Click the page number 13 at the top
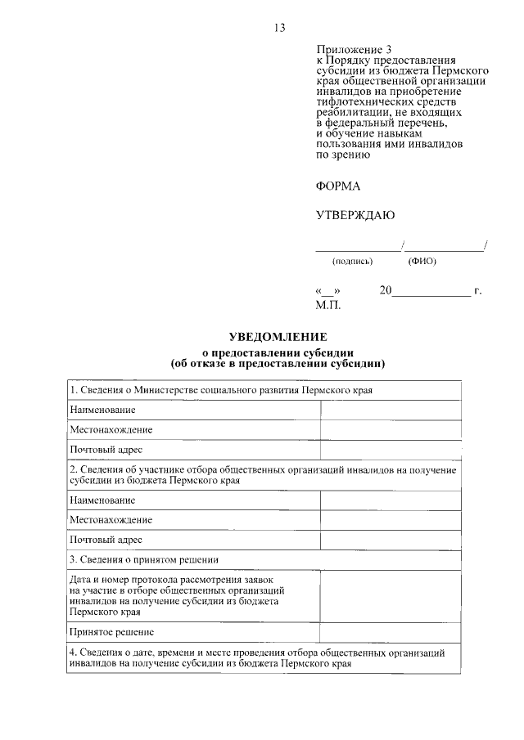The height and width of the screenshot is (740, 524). (x=279, y=28)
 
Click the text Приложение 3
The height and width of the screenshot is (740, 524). (x=346, y=50)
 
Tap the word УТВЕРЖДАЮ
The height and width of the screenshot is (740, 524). (x=355, y=216)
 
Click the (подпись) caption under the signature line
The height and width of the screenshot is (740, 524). (x=352, y=262)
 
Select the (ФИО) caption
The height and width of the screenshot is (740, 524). (x=422, y=262)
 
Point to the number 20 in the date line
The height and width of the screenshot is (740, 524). (x=386, y=291)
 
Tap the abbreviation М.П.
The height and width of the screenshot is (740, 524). (x=327, y=305)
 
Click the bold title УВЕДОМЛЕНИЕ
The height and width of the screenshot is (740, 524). (x=277, y=336)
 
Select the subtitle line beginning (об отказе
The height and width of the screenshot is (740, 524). (x=277, y=362)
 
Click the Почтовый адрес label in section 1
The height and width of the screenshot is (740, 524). (x=106, y=450)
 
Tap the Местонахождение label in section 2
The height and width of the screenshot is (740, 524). (x=111, y=519)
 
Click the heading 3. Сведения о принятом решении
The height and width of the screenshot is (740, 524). (x=155, y=559)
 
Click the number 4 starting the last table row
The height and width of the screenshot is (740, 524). (x=73, y=654)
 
